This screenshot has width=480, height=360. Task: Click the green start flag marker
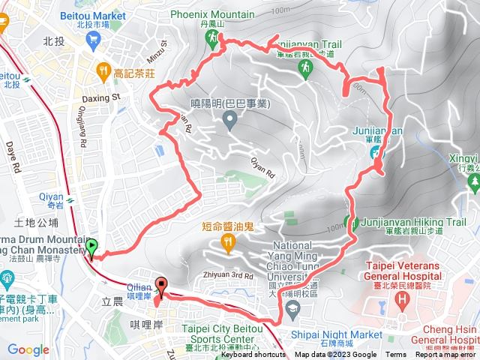coord(91,247)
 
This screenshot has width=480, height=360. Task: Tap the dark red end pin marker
coord(160,286)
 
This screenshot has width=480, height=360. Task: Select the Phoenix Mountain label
coord(212,13)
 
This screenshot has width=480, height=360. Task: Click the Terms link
coord(396,355)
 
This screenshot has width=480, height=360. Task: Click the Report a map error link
coord(445,355)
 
